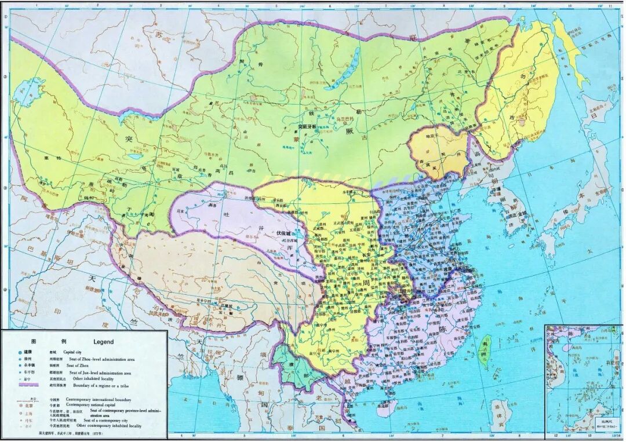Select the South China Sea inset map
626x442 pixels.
[x=584, y=379]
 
